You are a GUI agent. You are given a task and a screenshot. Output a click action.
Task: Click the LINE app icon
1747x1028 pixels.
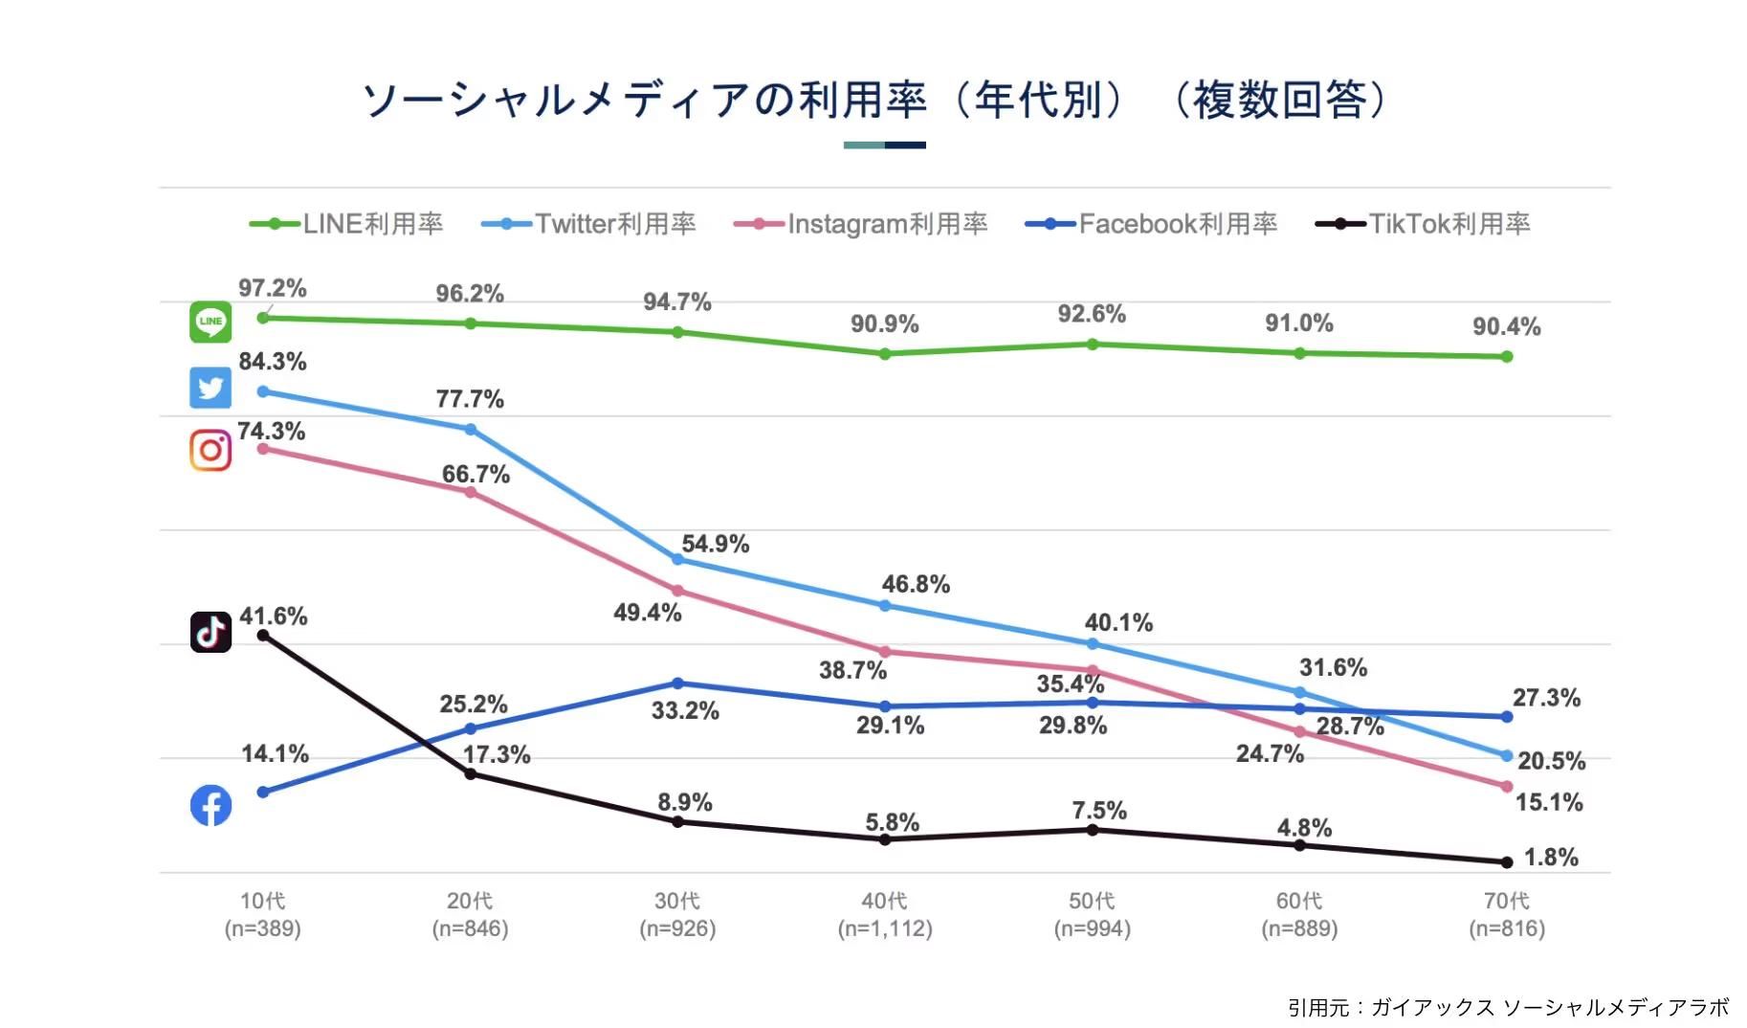pyautogui.click(x=210, y=322)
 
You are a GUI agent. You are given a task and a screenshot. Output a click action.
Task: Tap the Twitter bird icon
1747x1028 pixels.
pyautogui.click(x=210, y=388)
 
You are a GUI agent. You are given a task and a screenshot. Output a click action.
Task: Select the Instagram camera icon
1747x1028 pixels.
pyautogui.click(x=210, y=450)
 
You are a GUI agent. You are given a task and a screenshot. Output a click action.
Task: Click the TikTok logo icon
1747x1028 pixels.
pyautogui.click(x=210, y=632)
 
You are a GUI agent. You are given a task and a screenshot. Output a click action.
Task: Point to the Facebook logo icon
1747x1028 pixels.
pyautogui.click(x=210, y=805)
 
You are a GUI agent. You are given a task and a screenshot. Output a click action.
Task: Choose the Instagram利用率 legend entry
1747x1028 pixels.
pyautogui.click(x=861, y=224)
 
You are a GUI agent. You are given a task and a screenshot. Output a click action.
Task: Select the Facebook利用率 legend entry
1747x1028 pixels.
pyautogui.click(x=1152, y=224)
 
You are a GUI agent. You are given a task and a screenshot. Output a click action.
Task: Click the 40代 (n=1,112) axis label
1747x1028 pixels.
pyautogui.click(x=885, y=914)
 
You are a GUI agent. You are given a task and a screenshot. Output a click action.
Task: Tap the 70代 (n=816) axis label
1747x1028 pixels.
pyautogui.click(x=1507, y=914)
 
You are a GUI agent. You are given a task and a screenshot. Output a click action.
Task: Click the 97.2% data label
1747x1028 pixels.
pyautogui.click(x=273, y=288)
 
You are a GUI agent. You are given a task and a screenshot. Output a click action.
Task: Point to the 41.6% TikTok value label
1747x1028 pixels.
pyautogui.click(x=274, y=616)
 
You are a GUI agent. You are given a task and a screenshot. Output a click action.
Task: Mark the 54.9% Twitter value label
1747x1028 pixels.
pyautogui.click(x=716, y=544)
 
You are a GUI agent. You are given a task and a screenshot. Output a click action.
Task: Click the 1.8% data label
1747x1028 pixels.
pyautogui.click(x=1551, y=857)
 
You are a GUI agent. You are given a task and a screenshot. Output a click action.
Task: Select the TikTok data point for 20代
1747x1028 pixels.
pyautogui.click(x=471, y=773)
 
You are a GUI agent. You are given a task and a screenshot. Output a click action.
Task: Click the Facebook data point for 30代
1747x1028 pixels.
pyautogui.click(x=677, y=683)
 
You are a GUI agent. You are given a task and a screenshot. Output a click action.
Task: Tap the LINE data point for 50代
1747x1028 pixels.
pyautogui.click(x=1093, y=345)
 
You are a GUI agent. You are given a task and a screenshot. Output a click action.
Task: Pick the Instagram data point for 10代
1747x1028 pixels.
pyautogui.click(x=263, y=449)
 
